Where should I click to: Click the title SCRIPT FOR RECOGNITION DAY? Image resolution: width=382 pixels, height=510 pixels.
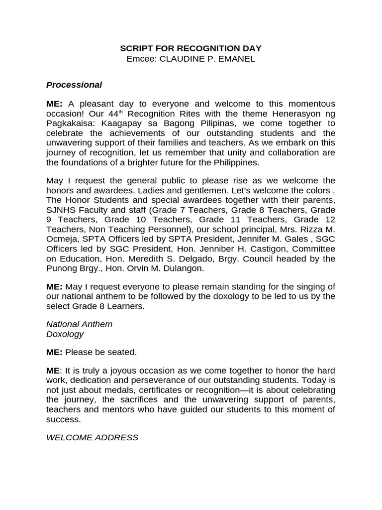pyautogui.click(x=191, y=48)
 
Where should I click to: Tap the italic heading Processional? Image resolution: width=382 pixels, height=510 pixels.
pyautogui.click(x=74, y=85)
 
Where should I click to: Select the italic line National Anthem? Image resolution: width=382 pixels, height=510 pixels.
pyautogui.click(x=79, y=324)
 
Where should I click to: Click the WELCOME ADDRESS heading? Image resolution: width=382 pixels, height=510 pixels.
pyautogui.click(x=92, y=438)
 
